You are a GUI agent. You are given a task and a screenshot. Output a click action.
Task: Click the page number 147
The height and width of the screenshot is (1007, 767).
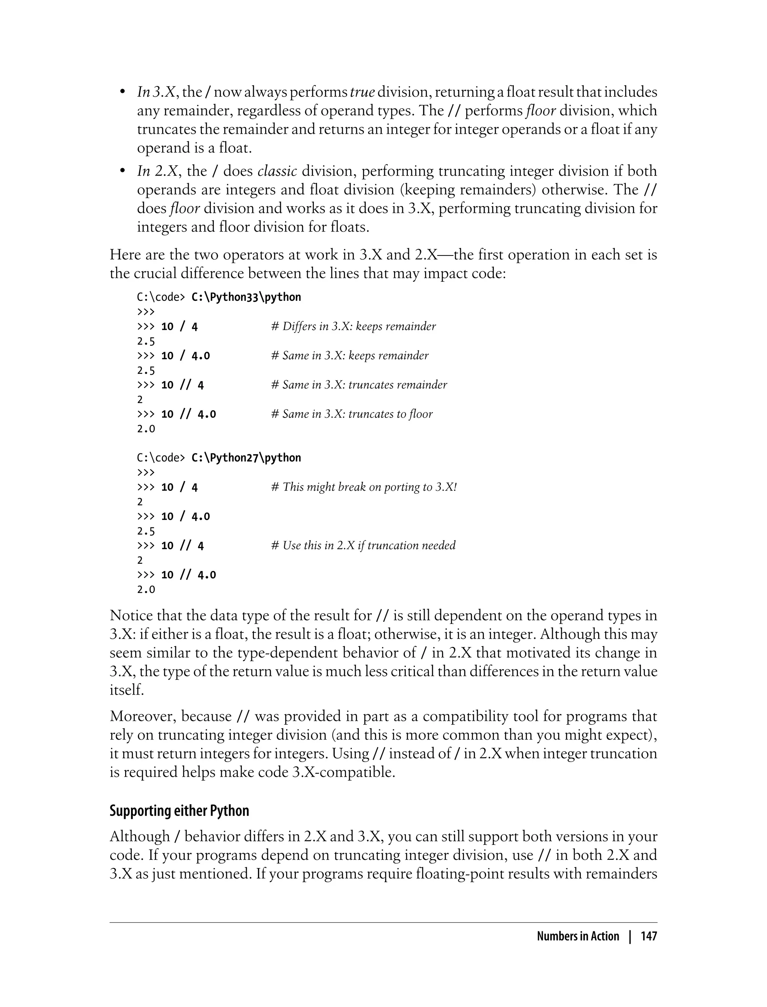click(649, 936)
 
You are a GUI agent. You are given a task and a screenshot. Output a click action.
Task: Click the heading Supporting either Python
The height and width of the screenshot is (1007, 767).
click(179, 811)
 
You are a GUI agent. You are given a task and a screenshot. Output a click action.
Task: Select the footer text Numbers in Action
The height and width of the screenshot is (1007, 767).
click(577, 936)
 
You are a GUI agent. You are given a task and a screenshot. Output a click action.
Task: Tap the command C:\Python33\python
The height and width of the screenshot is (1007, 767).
click(246, 297)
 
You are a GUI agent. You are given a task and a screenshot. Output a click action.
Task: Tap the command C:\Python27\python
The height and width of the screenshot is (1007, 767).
click(246, 458)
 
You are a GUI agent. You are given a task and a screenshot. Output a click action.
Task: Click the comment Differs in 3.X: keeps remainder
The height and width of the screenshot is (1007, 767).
click(354, 327)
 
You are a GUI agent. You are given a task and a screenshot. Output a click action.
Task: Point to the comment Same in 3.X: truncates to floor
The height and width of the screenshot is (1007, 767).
click(352, 414)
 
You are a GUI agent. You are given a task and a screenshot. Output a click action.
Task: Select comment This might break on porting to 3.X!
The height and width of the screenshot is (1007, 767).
click(364, 487)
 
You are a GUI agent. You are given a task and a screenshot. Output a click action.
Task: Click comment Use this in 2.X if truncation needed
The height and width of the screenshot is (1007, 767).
click(363, 546)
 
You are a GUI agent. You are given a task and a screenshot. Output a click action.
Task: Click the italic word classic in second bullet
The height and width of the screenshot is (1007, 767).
click(277, 171)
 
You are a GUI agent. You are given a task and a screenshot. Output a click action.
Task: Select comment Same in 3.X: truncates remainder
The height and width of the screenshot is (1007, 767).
click(359, 385)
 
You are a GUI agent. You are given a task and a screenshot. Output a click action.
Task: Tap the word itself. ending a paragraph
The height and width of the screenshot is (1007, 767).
click(127, 690)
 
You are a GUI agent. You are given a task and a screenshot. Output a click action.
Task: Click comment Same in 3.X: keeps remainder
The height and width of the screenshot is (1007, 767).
click(350, 356)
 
